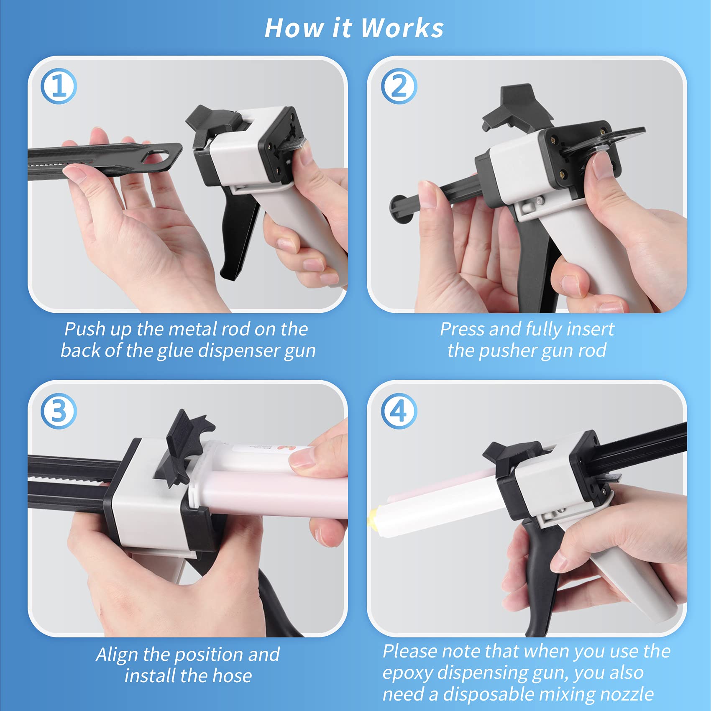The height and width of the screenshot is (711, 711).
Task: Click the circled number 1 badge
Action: pos(59,86)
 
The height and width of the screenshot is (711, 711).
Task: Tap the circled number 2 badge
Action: pos(399,86)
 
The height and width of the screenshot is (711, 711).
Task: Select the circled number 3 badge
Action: pos(59,411)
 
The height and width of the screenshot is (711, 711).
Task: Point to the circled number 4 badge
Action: pos(399,411)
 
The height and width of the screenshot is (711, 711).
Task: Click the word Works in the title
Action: pos(402,28)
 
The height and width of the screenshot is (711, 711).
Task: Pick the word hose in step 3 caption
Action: pos(232,675)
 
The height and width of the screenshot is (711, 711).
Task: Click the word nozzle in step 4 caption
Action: pos(627,694)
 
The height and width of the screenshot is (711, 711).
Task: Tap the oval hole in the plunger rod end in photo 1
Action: pos(157,157)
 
